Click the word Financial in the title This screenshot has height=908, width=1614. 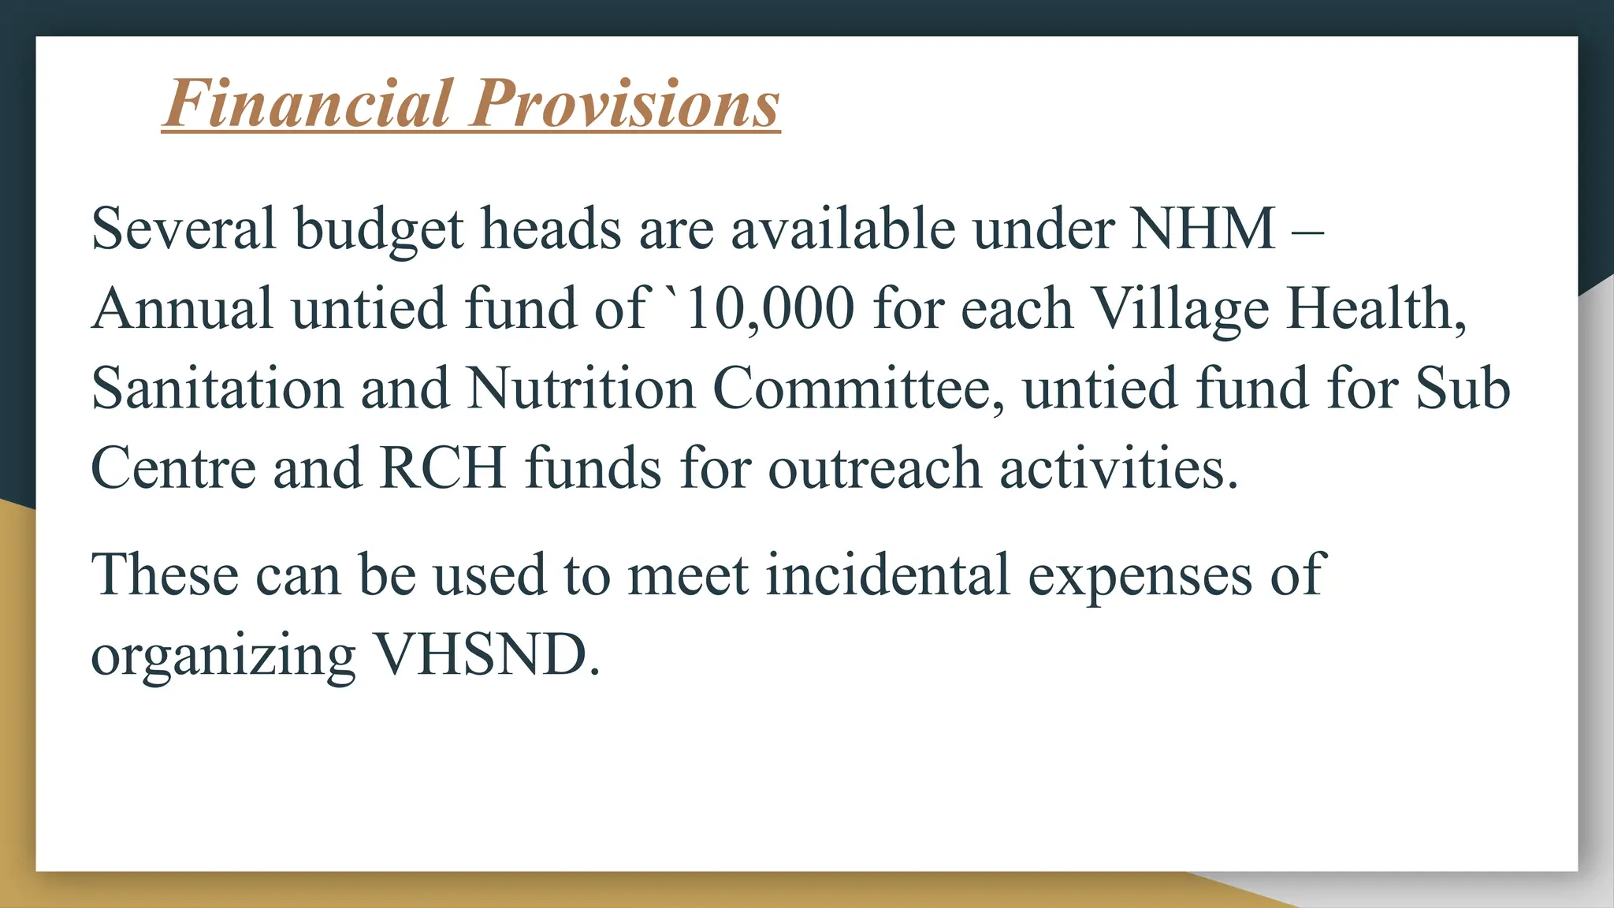308,103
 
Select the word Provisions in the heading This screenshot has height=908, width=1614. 626,103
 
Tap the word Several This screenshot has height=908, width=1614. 184,229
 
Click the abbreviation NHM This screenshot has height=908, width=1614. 1203,229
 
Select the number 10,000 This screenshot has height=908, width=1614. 770,308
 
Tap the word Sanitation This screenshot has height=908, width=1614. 217,389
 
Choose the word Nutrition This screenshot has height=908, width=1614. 581,389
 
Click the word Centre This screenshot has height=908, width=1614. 173,468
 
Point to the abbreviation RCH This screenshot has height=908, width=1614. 442,468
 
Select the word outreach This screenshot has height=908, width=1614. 874,468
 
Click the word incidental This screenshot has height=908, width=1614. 887,575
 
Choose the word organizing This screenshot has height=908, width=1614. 223,657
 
